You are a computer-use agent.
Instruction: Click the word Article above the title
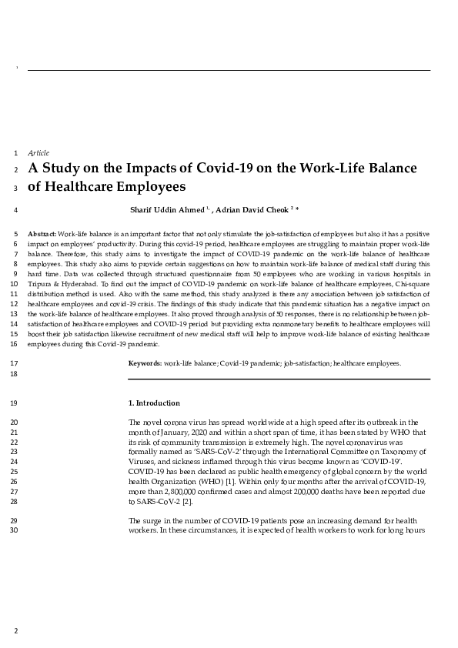coord(38,152)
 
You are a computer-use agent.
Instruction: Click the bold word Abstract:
coord(42,233)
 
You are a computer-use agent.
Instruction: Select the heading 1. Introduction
coord(154,403)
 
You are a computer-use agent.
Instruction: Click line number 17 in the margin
coord(15,362)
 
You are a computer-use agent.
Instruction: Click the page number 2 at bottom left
coord(15,631)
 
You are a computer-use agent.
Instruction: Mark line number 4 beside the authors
coord(15,209)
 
